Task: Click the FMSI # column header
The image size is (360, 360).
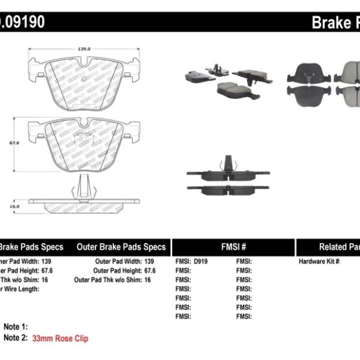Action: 233,247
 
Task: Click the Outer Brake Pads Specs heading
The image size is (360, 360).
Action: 121,247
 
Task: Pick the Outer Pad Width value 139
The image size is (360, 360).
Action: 148,262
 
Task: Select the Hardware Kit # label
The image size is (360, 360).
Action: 320,262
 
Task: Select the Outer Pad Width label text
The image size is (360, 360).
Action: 118,262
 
